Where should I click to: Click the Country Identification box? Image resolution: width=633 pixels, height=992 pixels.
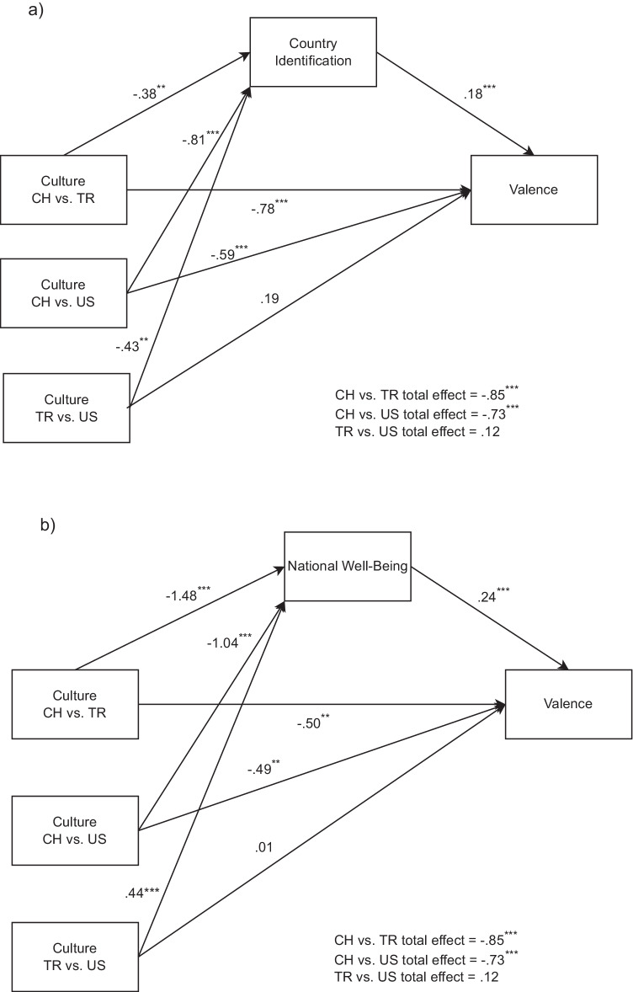click(313, 51)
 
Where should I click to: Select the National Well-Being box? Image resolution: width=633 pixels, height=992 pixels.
click(348, 566)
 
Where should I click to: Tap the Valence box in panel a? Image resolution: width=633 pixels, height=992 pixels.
click(534, 189)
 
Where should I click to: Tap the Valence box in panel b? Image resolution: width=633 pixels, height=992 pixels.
click(568, 703)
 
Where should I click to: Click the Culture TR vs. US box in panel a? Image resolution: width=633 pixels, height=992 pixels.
click(66, 408)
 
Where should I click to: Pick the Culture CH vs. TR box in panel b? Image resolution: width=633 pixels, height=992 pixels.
click(75, 704)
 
